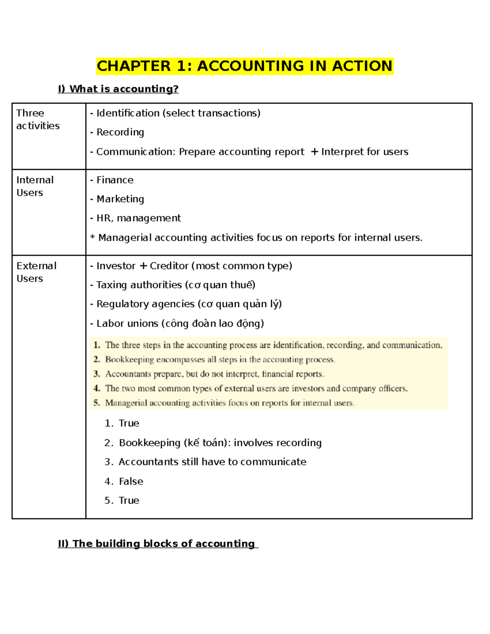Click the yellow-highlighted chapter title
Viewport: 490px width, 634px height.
pos(245,66)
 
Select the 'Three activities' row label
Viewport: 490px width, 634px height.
pos(38,119)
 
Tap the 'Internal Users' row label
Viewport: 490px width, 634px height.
pos(35,186)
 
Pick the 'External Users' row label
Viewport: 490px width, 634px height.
pos(36,272)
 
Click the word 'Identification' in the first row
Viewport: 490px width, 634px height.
pos(128,113)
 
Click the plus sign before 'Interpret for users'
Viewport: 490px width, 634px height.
pos(314,152)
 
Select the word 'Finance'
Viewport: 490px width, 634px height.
pos(115,180)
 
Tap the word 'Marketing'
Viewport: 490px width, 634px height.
pos(120,199)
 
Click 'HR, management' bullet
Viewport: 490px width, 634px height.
pos(138,218)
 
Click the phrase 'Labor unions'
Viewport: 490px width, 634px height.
pos(127,324)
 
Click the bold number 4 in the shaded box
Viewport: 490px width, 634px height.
pos(97,388)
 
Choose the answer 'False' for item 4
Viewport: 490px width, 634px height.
pos(131,482)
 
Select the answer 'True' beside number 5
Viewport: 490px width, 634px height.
pos(129,501)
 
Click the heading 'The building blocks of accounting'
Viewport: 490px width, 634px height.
pos(163,544)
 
